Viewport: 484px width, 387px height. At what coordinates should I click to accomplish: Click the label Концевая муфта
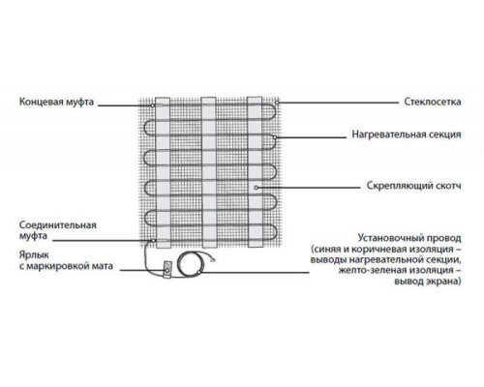(x=56, y=102)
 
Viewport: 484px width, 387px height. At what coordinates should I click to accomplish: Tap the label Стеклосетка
(x=433, y=102)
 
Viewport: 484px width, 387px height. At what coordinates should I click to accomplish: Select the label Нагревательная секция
(x=407, y=134)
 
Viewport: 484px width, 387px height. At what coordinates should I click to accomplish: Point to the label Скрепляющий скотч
(x=414, y=186)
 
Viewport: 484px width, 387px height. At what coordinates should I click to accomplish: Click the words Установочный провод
(x=409, y=239)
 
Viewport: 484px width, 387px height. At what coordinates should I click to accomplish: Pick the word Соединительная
(x=58, y=224)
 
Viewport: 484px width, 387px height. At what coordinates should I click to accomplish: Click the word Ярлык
(x=34, y=255)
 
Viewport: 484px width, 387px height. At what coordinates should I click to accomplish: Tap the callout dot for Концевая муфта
(x=152, y=105)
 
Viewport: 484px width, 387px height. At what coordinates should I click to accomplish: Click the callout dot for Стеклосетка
(x=277, y=103)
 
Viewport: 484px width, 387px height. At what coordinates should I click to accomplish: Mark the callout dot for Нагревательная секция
(x=274, y=137)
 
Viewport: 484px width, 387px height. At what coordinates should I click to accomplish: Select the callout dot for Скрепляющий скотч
(x=256, y=188)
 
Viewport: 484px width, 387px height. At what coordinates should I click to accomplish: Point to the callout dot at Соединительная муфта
(x=154, y=241)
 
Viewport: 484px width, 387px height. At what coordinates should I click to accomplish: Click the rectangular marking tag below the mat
(x=167, y=269)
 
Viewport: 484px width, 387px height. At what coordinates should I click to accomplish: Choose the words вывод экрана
(x=428, y=282)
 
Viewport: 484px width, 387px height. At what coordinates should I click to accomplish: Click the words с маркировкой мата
(x=66, y=266)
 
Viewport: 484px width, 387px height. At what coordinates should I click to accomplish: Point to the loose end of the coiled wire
(x=212, y=257)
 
